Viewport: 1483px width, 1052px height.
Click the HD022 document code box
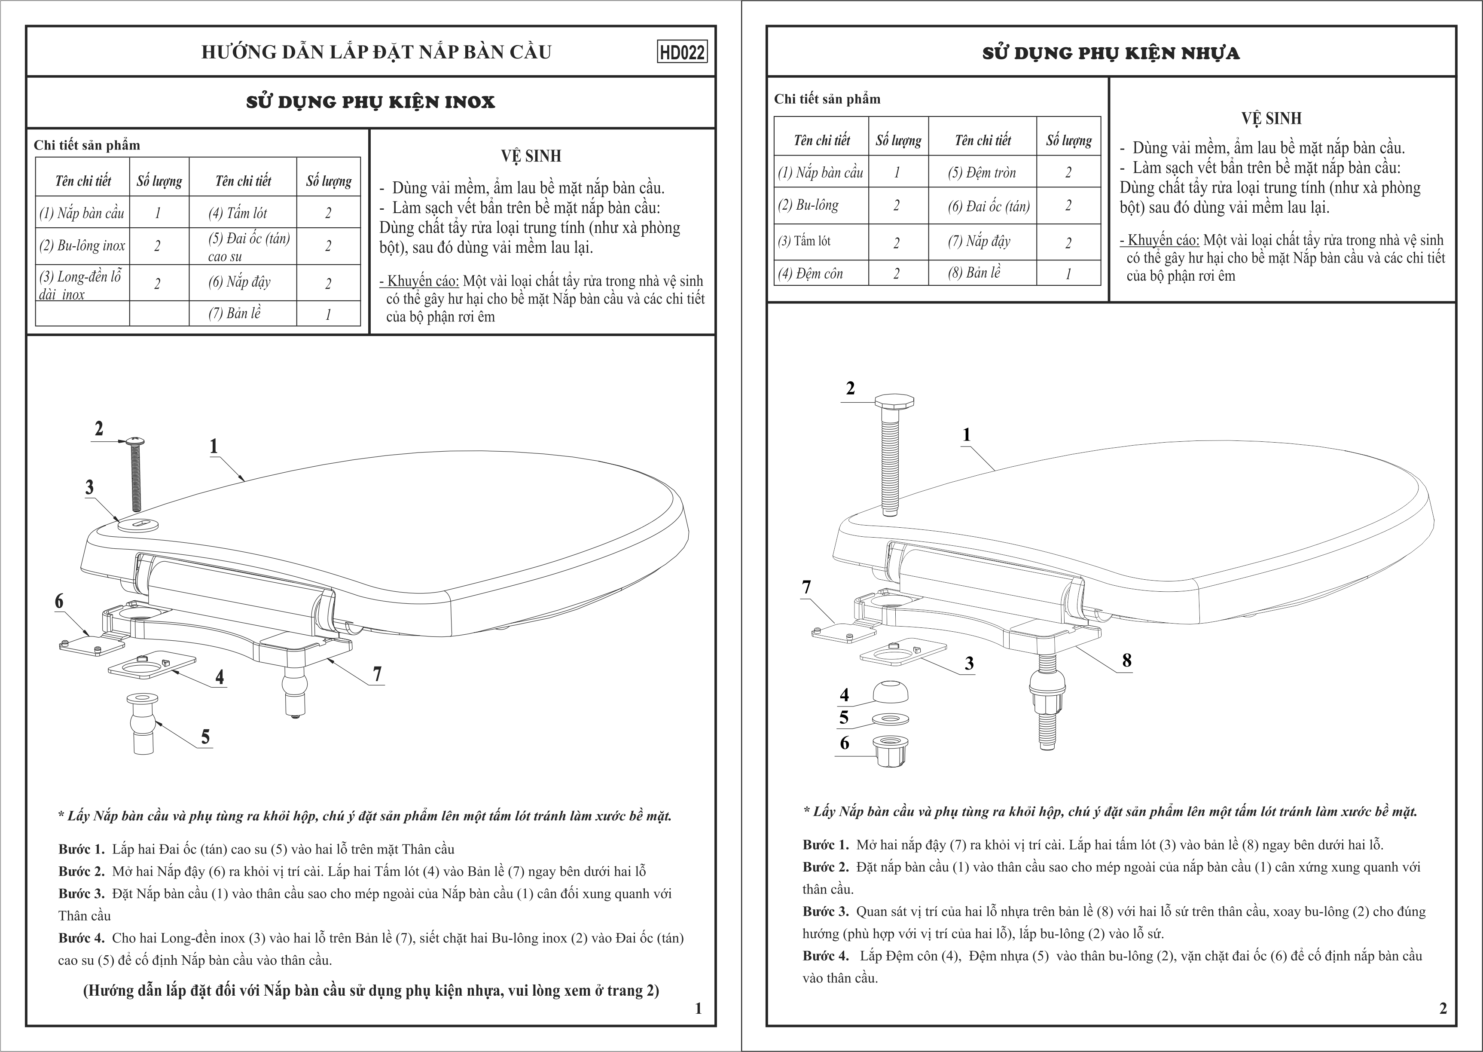(x=682, y=52)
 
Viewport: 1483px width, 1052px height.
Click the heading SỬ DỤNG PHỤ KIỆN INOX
(x=370, y=102)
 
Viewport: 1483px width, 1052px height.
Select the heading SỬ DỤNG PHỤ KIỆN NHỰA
(x=1111, y=53)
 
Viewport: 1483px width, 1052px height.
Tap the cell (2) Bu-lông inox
(x=82, y=245)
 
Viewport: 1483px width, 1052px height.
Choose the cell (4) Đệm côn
(x=811, y=273)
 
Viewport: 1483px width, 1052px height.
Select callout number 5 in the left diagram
(x=205, y=737)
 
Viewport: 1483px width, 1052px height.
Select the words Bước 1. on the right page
(x=825, y=845)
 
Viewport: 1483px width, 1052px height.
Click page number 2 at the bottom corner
(x=1443, y=1009)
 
